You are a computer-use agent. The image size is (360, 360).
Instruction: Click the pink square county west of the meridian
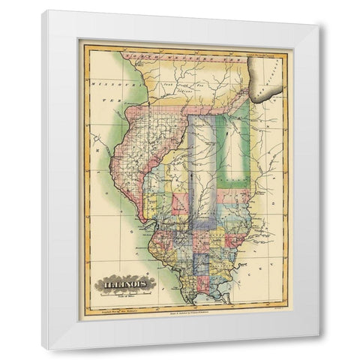181,202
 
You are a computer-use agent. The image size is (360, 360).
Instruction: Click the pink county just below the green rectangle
238,196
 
